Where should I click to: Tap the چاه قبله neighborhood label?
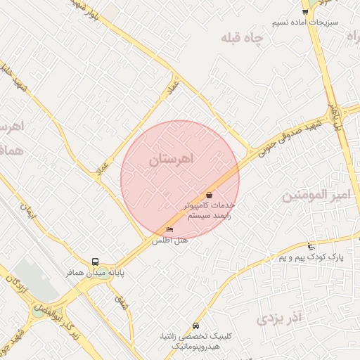(243, 37)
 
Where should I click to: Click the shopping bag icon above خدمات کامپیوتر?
(209, 194)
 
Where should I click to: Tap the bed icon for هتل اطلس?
(169, 230)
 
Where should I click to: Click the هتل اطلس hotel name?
(169, 240)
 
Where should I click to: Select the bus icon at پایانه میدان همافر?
(96, 262)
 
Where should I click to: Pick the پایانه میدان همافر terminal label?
(96, 272)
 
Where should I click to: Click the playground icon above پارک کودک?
(311, 247)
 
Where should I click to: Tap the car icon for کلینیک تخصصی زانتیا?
(195, 326)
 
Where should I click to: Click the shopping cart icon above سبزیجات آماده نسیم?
(305, 11)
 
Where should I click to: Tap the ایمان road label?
(30, 213)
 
